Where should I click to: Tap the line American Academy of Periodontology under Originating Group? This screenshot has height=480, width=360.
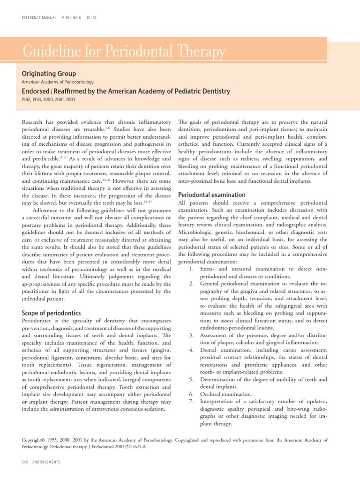coord(58,82)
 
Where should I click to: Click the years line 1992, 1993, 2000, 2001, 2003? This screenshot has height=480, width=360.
coord(48,99)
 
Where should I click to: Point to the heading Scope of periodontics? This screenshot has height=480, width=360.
coord(52,313)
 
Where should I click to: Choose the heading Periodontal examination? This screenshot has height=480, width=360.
coord(212,195)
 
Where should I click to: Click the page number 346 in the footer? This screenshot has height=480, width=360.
coord(25,462)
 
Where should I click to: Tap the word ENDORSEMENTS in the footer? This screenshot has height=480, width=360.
coord(46,462)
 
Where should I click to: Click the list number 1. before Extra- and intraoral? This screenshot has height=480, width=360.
coord(191,269)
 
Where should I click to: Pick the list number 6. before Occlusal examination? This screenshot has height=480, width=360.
coord(191,394)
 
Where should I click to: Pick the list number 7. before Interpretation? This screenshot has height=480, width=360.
coord(191,402)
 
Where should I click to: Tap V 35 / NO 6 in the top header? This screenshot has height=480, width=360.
coord(71,18)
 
